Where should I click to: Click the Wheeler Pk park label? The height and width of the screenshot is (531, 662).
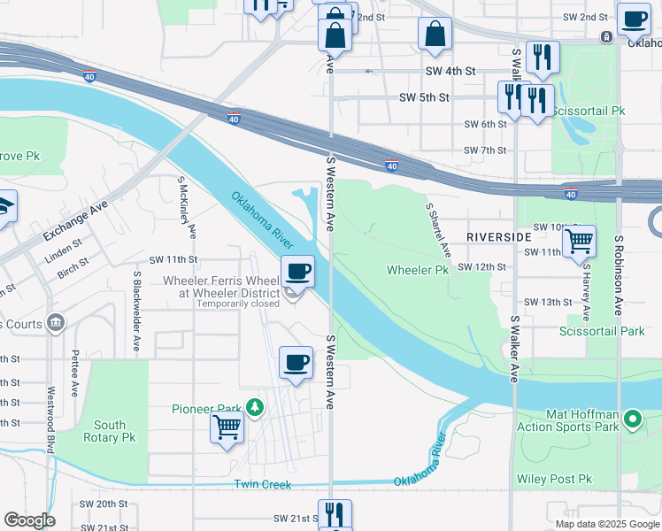(x=418, y=270)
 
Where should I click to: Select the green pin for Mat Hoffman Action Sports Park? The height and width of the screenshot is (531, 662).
(x=632, y=419)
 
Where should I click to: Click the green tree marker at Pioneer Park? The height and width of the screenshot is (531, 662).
(x=255, y=408)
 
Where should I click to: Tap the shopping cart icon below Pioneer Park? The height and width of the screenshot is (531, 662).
(x=227, y=427)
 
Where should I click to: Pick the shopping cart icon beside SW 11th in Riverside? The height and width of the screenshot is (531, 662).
(x=579, y=240)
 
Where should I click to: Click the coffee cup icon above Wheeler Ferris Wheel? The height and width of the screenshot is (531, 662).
(x=298, y=271)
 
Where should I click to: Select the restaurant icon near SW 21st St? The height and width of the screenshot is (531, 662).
(x=335, y=514)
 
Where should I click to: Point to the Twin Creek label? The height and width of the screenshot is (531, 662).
(x=262, y=484)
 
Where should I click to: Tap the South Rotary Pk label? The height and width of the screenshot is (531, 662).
(x=104, y=431)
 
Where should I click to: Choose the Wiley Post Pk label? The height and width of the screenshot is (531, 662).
(x=553, y=480)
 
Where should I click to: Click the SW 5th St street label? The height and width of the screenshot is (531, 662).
(x=425, y=97)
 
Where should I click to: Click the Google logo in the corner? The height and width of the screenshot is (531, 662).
(x=29, y=520)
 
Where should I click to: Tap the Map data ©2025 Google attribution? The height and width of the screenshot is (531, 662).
(x=606, y=524)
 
